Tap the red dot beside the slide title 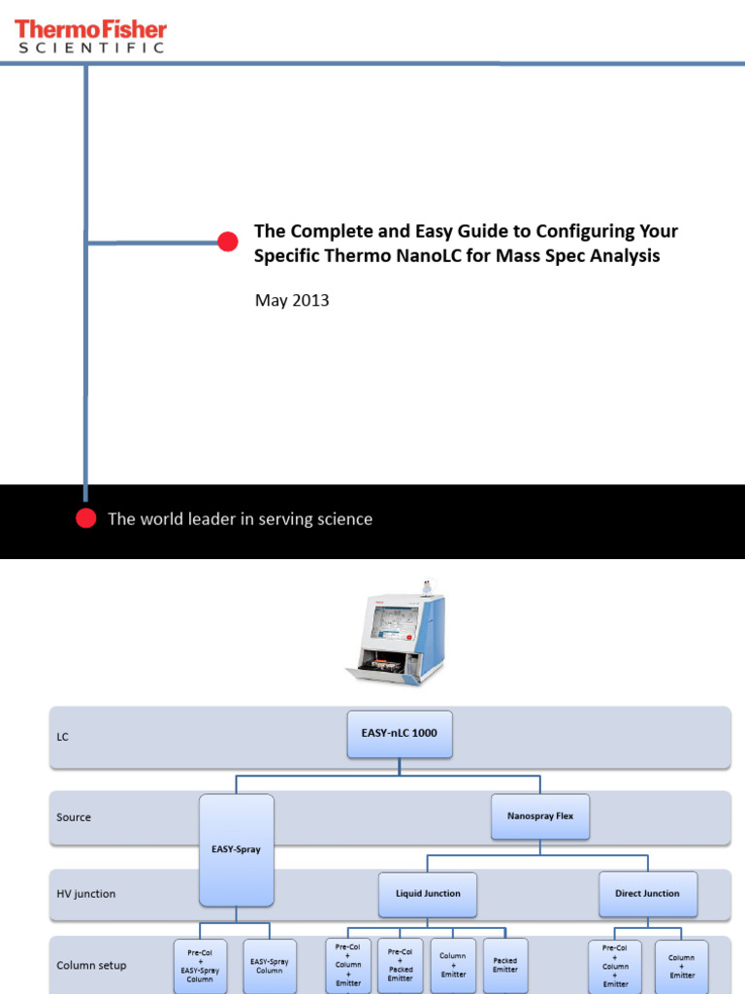[227, 242]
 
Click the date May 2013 [292, 300]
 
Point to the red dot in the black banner [86, 518]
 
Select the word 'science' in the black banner [341, 518]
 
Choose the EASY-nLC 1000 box [400, 734]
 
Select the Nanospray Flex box [540, 816]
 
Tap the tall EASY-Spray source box [236, 848]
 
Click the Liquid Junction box [428, 893]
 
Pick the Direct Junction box [648, 893]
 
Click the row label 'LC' [63, 737]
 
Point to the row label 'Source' [74, 817]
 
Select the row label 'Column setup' [91, 965]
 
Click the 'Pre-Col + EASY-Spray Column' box [200, 966]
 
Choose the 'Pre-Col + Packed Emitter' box [401, 965]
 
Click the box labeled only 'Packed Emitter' [505, 965]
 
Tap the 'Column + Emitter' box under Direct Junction [682, 966]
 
